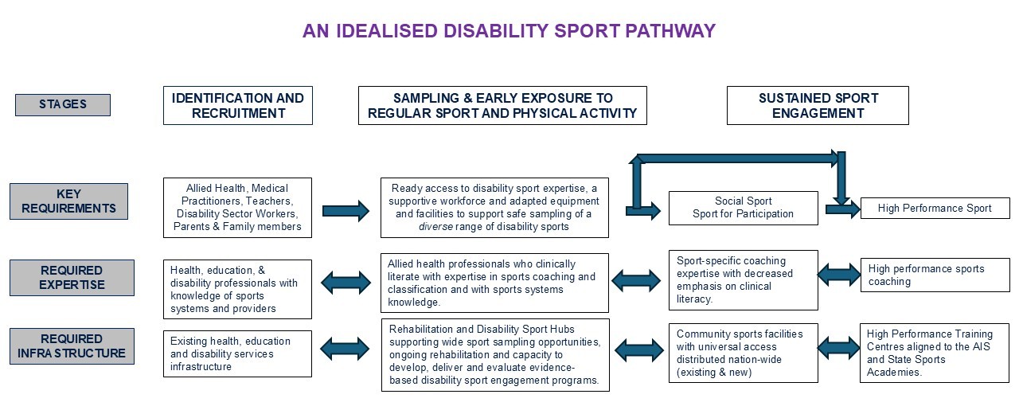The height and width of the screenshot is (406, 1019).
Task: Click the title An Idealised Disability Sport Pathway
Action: tap(509, 31)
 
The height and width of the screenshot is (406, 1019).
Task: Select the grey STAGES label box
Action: tap(63, 105)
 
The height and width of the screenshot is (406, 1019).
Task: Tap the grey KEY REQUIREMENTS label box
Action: tap(68, 201)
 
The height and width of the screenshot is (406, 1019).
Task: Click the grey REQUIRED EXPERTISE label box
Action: tap(72, 278)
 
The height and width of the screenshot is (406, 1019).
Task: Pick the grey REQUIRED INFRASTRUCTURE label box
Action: tap(72, 346)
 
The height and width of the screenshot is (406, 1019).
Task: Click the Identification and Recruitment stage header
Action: tap(238, 106)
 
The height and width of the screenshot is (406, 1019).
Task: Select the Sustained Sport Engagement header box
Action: tap(818, 106)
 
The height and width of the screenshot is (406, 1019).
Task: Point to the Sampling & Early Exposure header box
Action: tap(502, 106)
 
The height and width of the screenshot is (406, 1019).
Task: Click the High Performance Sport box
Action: tap(935, 209)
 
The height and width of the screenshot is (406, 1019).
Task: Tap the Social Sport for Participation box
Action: tap(743, 208)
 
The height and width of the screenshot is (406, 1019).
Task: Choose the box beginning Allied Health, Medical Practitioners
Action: tap(237, 208)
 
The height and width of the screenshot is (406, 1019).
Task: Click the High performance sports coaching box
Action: tap(935, 275)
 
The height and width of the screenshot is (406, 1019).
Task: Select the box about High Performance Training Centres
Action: tap(935, 353)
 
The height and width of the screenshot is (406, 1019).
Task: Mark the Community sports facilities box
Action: tap(743, 353)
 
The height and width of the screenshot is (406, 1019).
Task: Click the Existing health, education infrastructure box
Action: tap(237, 353)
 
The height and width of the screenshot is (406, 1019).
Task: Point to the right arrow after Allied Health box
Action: tap(346, 211)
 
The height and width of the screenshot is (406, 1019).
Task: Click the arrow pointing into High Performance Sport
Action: tap(842, 209)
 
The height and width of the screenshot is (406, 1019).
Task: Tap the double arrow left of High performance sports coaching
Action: tap(839, 275)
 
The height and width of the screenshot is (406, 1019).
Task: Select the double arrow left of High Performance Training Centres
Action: tap(839, 348)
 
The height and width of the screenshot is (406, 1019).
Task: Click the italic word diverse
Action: tap(435, 227)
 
